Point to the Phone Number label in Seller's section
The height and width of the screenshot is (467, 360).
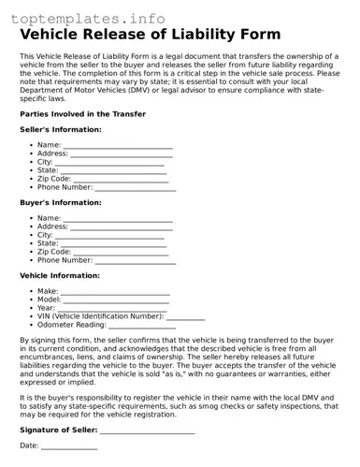pos(65,187)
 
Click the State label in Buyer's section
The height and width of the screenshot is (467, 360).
pos(48,243)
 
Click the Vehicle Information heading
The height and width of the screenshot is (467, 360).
pos(60,276)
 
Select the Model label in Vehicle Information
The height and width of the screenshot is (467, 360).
pos(50,299)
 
